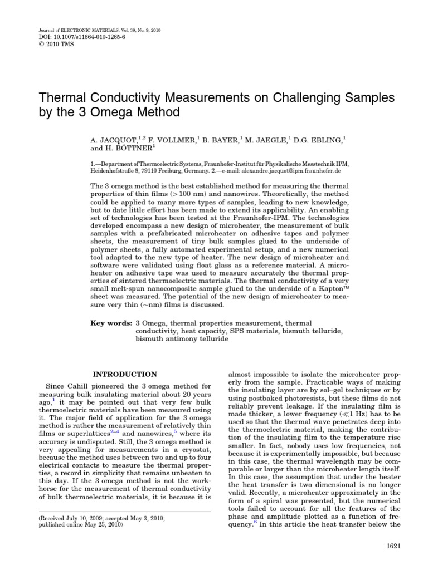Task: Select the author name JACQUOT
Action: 114,140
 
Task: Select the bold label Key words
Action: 111,323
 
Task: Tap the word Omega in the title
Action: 110,114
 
